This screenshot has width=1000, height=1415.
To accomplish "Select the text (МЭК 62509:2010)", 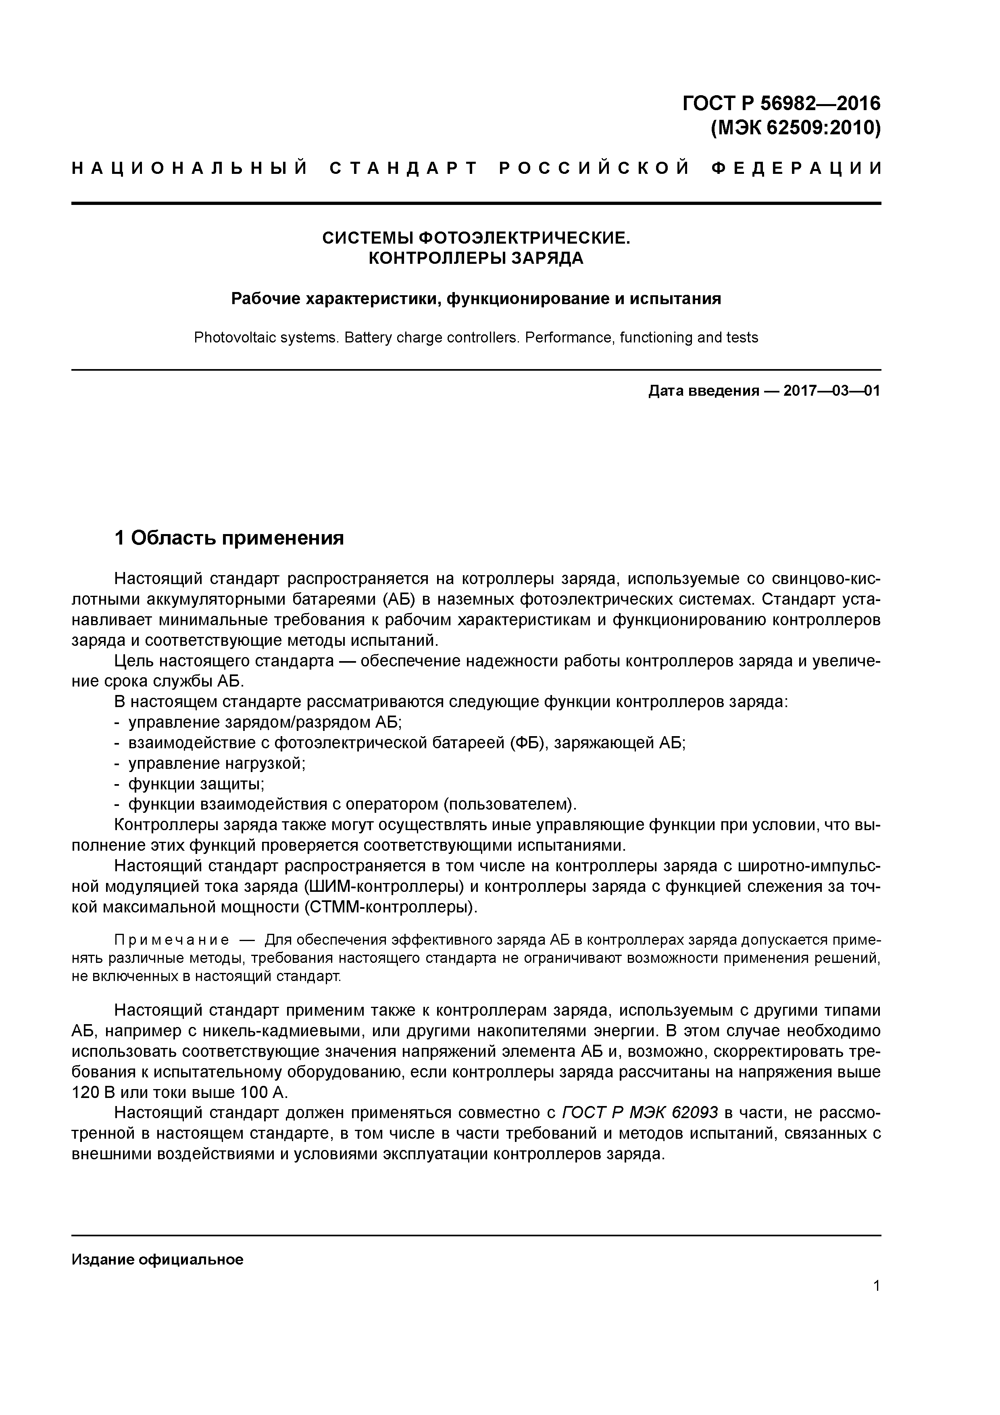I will tap(796, 129).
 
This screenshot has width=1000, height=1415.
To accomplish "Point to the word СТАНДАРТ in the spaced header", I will tap(404, 168).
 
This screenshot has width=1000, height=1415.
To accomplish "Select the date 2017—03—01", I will tap(831, 391).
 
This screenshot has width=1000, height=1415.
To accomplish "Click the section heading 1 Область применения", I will tap(229, 538).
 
